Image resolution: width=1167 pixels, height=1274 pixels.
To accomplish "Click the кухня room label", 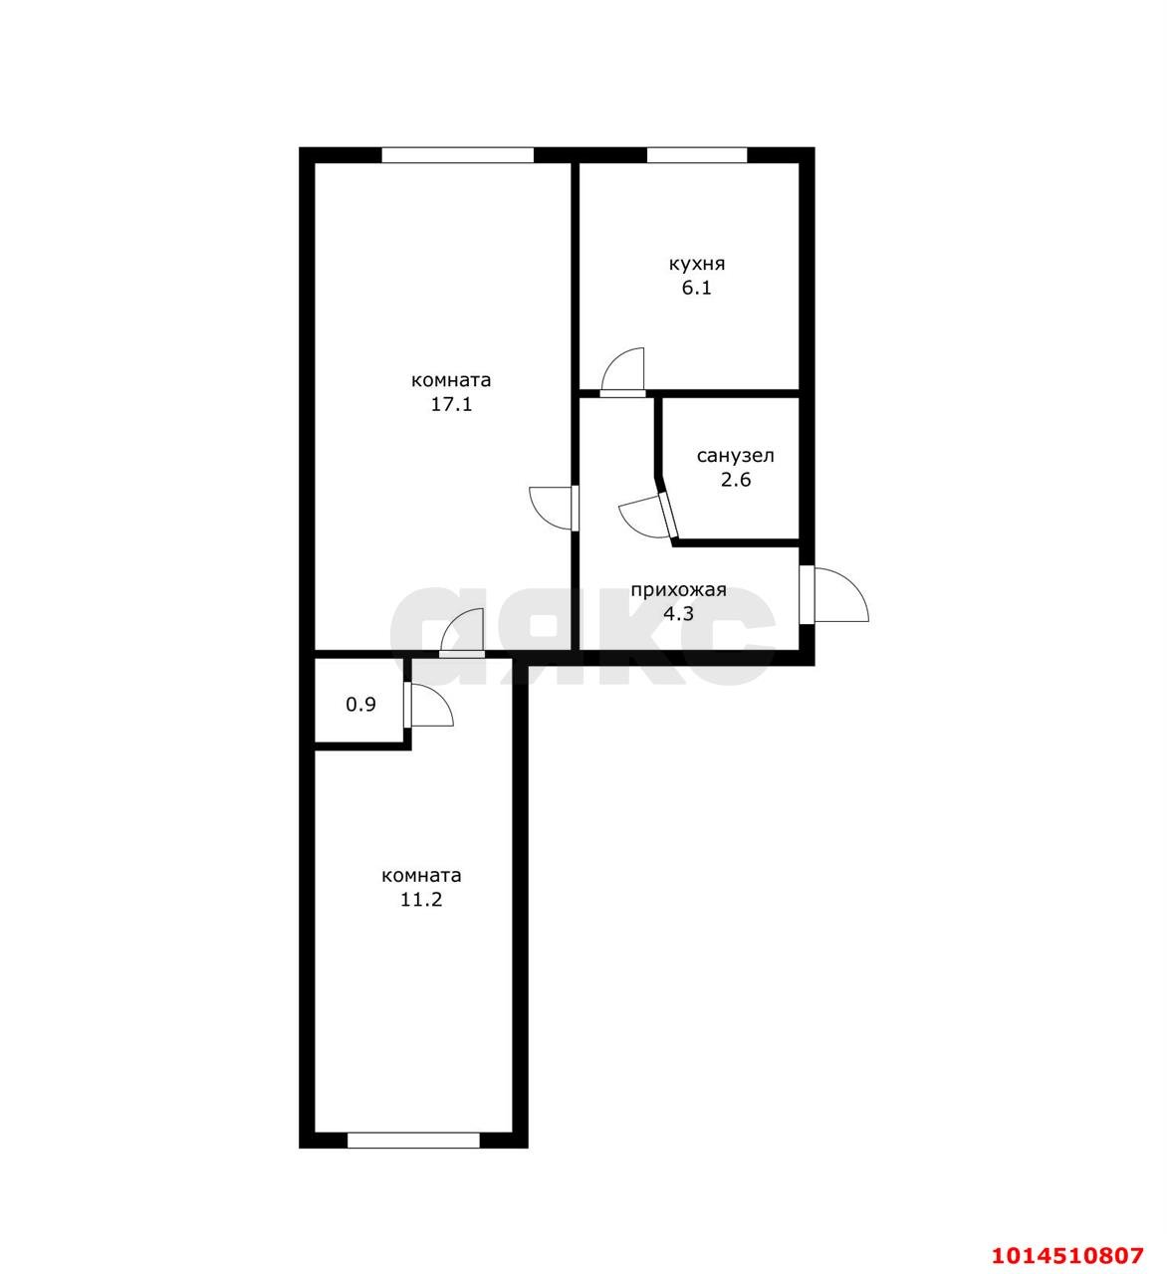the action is tap(697, 264).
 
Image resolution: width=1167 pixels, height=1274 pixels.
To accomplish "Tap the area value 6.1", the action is tap(697, 288).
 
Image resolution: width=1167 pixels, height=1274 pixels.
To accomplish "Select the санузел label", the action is tap(736, 456).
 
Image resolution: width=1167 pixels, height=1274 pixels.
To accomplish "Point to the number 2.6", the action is tap(736, 480).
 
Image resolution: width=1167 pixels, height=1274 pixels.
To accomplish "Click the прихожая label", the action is tap(678, 590).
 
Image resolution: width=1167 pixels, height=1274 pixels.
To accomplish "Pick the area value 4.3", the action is tap(678, 613).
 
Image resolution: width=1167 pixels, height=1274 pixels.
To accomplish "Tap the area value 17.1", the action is tap(451, 404).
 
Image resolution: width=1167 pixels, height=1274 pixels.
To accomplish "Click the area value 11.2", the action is tap(421, 900).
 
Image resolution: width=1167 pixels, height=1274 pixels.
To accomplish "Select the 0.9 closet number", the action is tap(360, 705).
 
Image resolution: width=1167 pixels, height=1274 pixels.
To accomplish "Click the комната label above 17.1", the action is tap(451, 380).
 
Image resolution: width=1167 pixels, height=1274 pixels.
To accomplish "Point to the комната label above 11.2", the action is tap(421, 876).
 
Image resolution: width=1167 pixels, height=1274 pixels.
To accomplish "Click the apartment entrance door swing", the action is tap(841, 594).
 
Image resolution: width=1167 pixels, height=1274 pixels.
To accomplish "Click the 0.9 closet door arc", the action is tap(432, 705).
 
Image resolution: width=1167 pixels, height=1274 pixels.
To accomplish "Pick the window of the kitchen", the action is tap(697, 155).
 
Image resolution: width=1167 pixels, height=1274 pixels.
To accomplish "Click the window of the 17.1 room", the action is tap(458, 155).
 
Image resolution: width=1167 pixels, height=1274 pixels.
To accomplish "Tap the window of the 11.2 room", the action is tap(413, 1140).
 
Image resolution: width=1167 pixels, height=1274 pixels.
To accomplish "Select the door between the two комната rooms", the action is tap(462, 633).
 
